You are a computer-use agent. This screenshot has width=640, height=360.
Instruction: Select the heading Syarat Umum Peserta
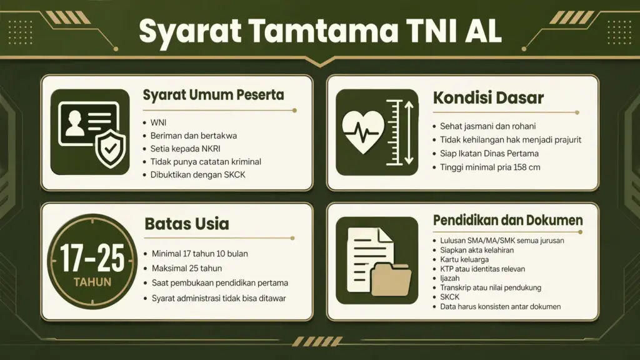pos(213,96)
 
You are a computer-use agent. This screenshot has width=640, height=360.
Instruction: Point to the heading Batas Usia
pos(186,224)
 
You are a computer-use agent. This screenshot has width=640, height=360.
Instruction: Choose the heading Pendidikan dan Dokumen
pos(507,221)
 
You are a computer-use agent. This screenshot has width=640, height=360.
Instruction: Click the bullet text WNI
pos(159,122)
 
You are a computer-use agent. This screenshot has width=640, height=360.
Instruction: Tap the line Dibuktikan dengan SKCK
pos(197,174)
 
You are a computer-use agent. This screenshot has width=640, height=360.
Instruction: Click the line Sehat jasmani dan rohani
pos(488,126)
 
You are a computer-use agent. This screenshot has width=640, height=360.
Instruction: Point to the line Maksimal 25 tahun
pos(187,268)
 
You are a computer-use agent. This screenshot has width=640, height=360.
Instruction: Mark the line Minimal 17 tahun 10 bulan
pos(200,253)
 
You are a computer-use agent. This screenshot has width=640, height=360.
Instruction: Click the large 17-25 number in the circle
pos(92,257)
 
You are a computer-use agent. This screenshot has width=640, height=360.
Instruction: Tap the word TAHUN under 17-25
pos(92,282)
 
